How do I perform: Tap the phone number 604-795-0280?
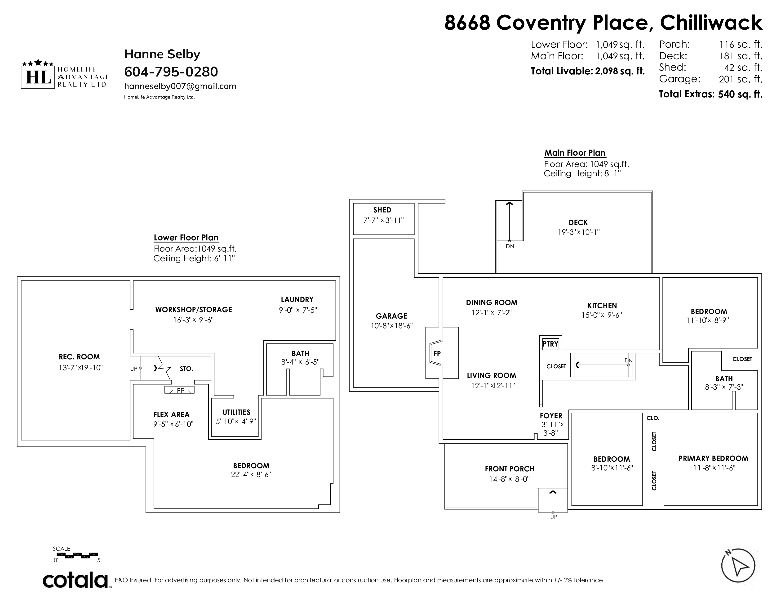(171, 72)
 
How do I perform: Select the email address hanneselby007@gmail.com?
(180, 86)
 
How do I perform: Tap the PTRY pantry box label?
(550, 344)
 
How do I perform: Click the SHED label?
(382, 210)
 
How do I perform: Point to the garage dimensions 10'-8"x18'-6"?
(392, 326)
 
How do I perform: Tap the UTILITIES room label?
(236, 412)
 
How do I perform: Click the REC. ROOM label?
(79, 357)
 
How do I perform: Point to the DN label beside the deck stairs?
(510, 246)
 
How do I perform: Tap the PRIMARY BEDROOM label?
(713, 458)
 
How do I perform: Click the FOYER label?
(551, 416)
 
